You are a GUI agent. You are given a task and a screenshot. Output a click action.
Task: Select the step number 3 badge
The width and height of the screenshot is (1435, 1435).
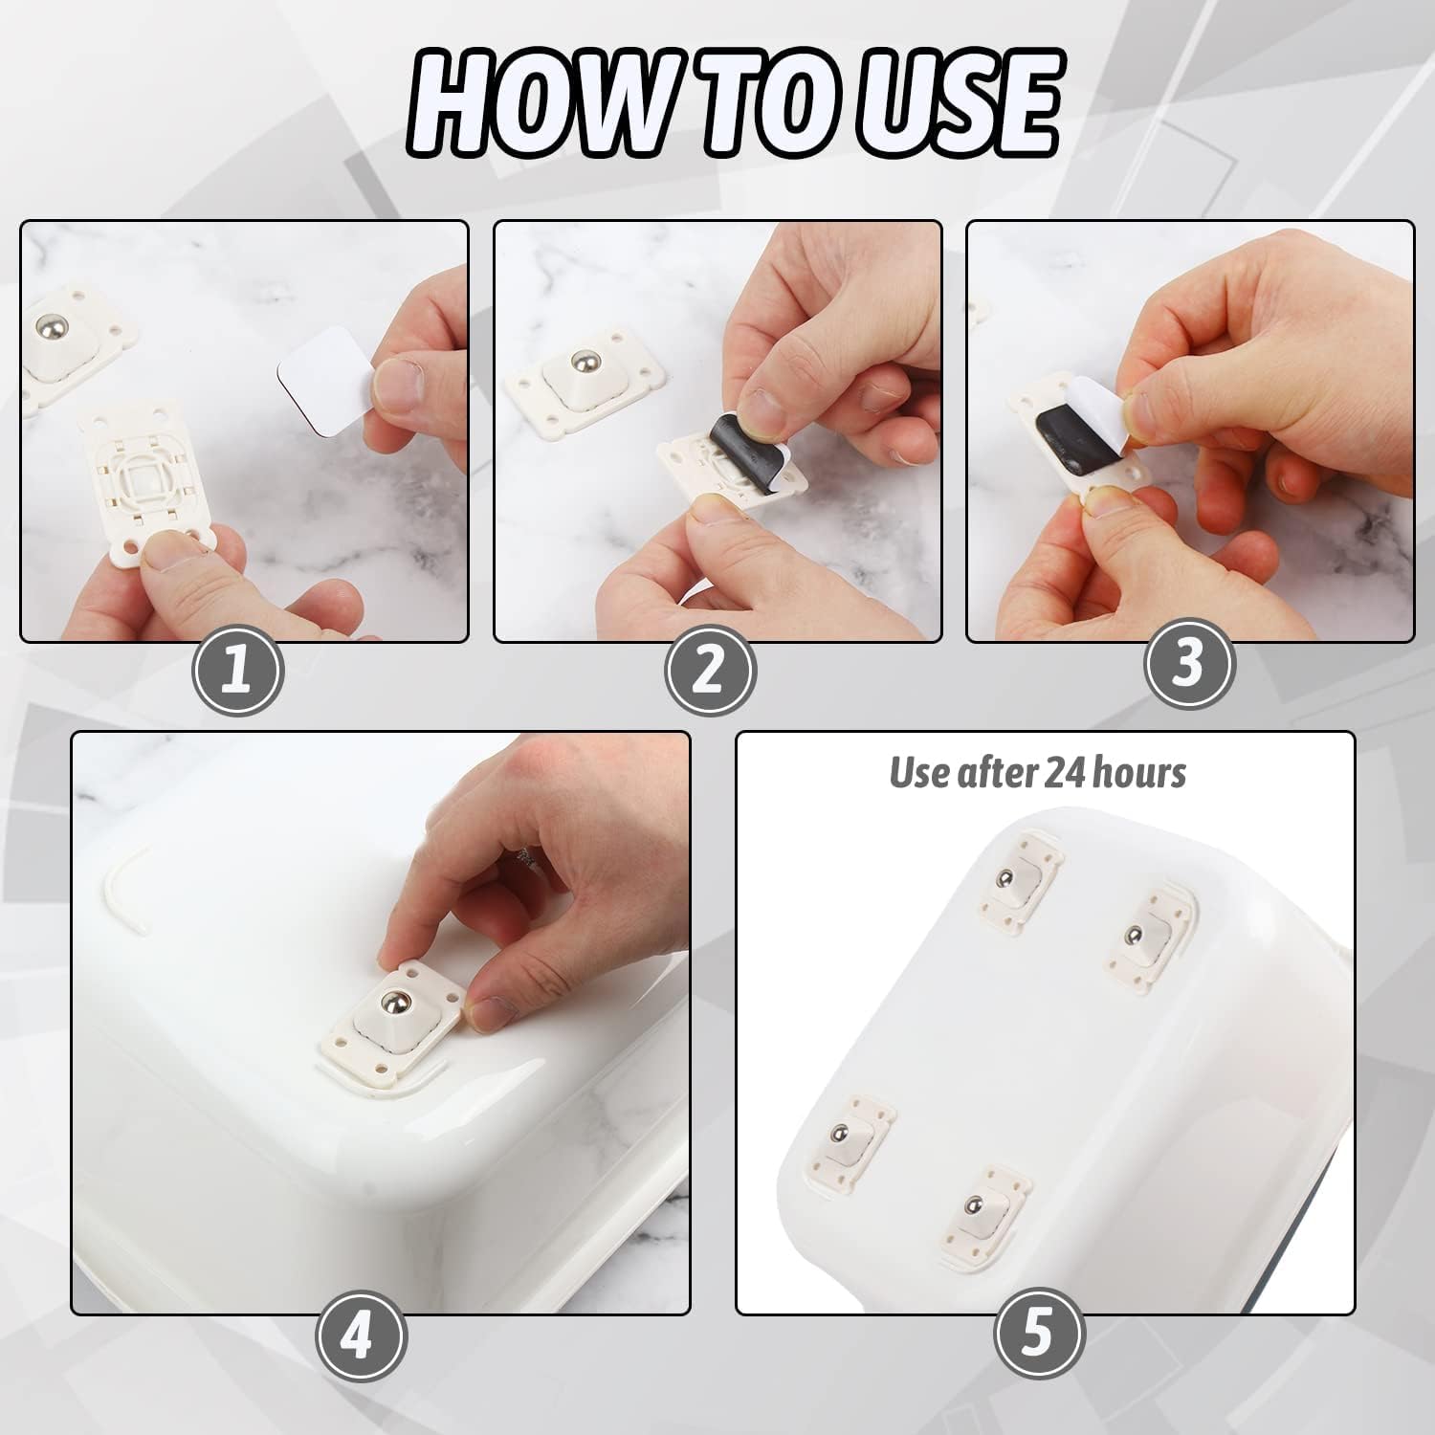1189,661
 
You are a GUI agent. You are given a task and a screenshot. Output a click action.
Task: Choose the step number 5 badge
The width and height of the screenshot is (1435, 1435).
1039,1334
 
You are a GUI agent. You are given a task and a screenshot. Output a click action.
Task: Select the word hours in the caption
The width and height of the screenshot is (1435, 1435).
1143,772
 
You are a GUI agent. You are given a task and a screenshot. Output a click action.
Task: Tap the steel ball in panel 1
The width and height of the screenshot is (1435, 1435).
50,329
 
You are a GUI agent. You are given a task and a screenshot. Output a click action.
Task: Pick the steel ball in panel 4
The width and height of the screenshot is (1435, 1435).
393,1003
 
